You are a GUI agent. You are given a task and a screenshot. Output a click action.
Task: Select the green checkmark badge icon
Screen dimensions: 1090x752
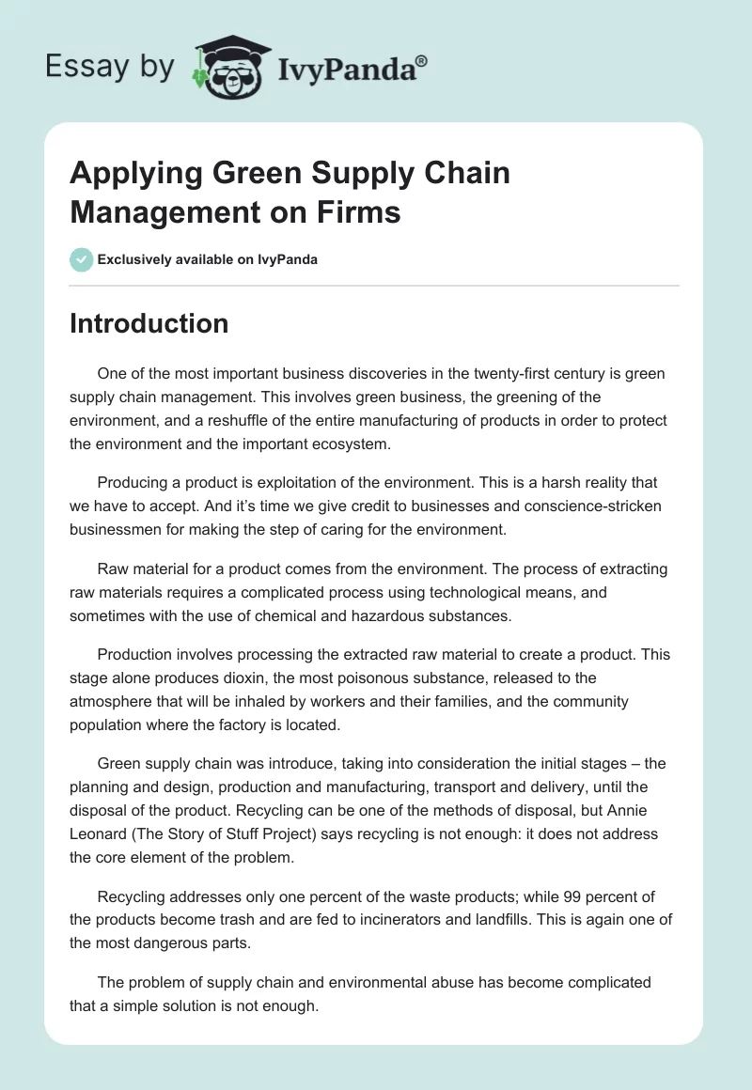81,259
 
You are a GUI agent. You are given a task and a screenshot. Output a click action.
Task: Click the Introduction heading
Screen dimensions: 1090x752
149,323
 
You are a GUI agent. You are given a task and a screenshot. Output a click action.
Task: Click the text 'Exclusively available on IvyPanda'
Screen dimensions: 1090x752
208,259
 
